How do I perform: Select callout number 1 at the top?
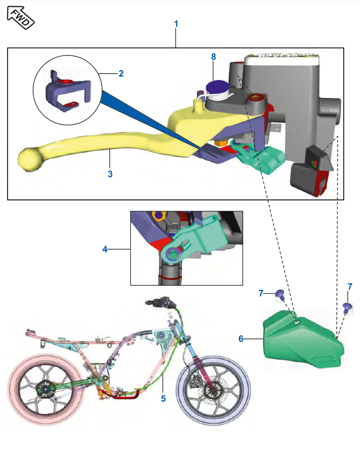click(176, 23)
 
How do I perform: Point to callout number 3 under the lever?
click(110, 174)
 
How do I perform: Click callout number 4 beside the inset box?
click(105, 249)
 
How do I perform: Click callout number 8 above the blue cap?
click(214, 57)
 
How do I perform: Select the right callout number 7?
click(350, 286)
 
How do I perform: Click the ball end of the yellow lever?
click(30, 158)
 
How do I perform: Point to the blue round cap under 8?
click(218, 88)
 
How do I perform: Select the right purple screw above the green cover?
click(349, 306)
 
